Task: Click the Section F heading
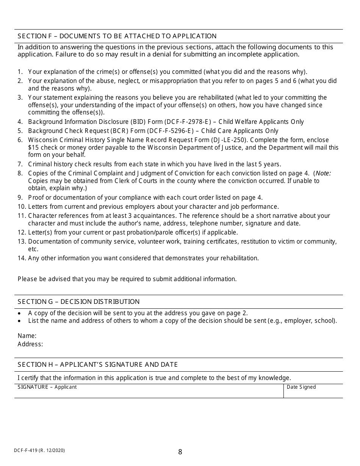(x=117, y=36)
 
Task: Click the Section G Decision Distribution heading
(x=78, y=302)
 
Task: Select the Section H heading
(x=97, y=364)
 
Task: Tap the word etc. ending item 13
(x=33, y=249)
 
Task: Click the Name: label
(x=27, y=336)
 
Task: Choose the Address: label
(x=30, y=344)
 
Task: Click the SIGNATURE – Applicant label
(x=47, y=387)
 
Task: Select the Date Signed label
(x=301, y=387)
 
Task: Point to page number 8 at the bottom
(x=180, y=452)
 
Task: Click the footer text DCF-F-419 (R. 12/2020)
(x=39, y=450)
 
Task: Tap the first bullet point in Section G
(x=20, y=313)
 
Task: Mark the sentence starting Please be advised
(x=127, y=279)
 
